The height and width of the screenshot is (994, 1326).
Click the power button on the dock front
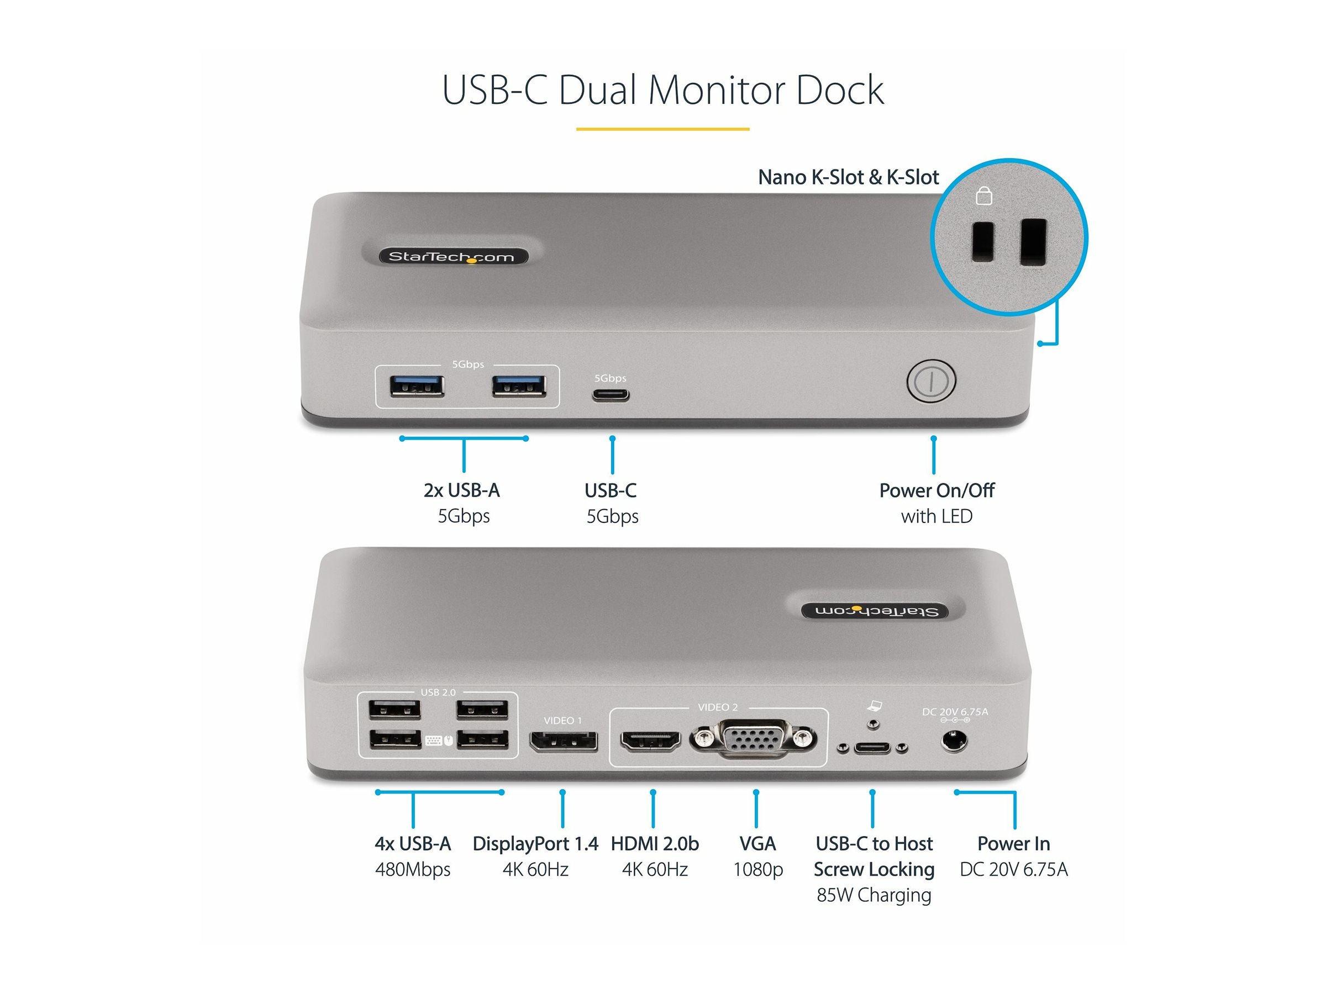[x=930, y=380]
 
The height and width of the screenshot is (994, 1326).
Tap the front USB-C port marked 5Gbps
[x=611, y=395]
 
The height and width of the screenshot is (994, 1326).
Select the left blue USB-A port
[x=417, y=386]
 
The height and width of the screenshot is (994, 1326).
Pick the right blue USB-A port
[x=519, y=386]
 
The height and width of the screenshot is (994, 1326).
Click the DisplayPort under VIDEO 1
[x=563, y=741]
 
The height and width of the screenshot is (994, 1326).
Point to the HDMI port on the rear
[x=650, y=742]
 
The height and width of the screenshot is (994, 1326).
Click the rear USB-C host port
[x=872, y=747]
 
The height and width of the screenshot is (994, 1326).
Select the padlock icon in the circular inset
[x=983, y=196]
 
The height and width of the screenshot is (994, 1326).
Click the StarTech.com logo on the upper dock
[x=452, y=257]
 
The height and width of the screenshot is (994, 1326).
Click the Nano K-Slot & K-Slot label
[x=848, y=177]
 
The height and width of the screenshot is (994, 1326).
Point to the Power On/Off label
[x=936, y=490]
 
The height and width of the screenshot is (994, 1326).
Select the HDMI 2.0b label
[x=655, y=844]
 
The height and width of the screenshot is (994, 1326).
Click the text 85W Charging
[x=874, y=895]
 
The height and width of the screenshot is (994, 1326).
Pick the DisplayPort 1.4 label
[x=535, y=844]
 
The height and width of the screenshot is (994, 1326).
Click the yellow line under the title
[x=662, y=129]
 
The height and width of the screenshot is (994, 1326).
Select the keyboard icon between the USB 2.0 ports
[x=433, y=741]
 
